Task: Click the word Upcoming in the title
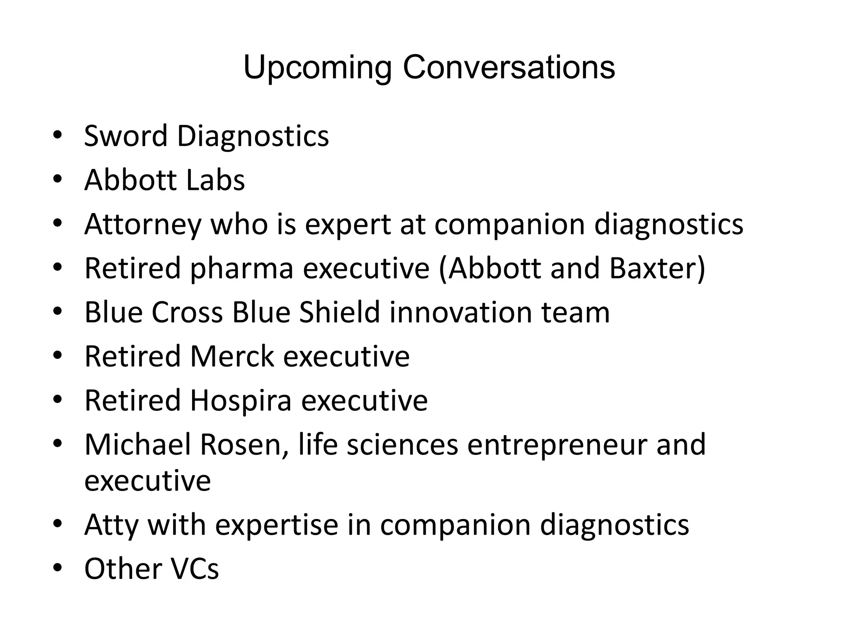318,68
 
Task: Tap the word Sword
125,136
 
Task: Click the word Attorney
143,225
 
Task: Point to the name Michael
138,444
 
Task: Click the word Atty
112,525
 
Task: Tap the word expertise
276,525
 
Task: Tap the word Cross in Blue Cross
187,312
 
